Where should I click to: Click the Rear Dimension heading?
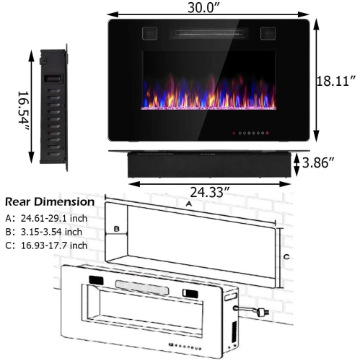click(50, 202)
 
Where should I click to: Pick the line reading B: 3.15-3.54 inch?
click(45, 231)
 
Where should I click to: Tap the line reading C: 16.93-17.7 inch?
click(46, 245)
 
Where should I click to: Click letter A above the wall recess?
click(190, 205)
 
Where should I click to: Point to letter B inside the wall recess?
click(115, 229)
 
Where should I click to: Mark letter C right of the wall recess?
click(286, 256)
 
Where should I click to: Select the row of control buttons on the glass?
click(250, 133)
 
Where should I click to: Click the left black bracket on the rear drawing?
click(97, 281)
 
